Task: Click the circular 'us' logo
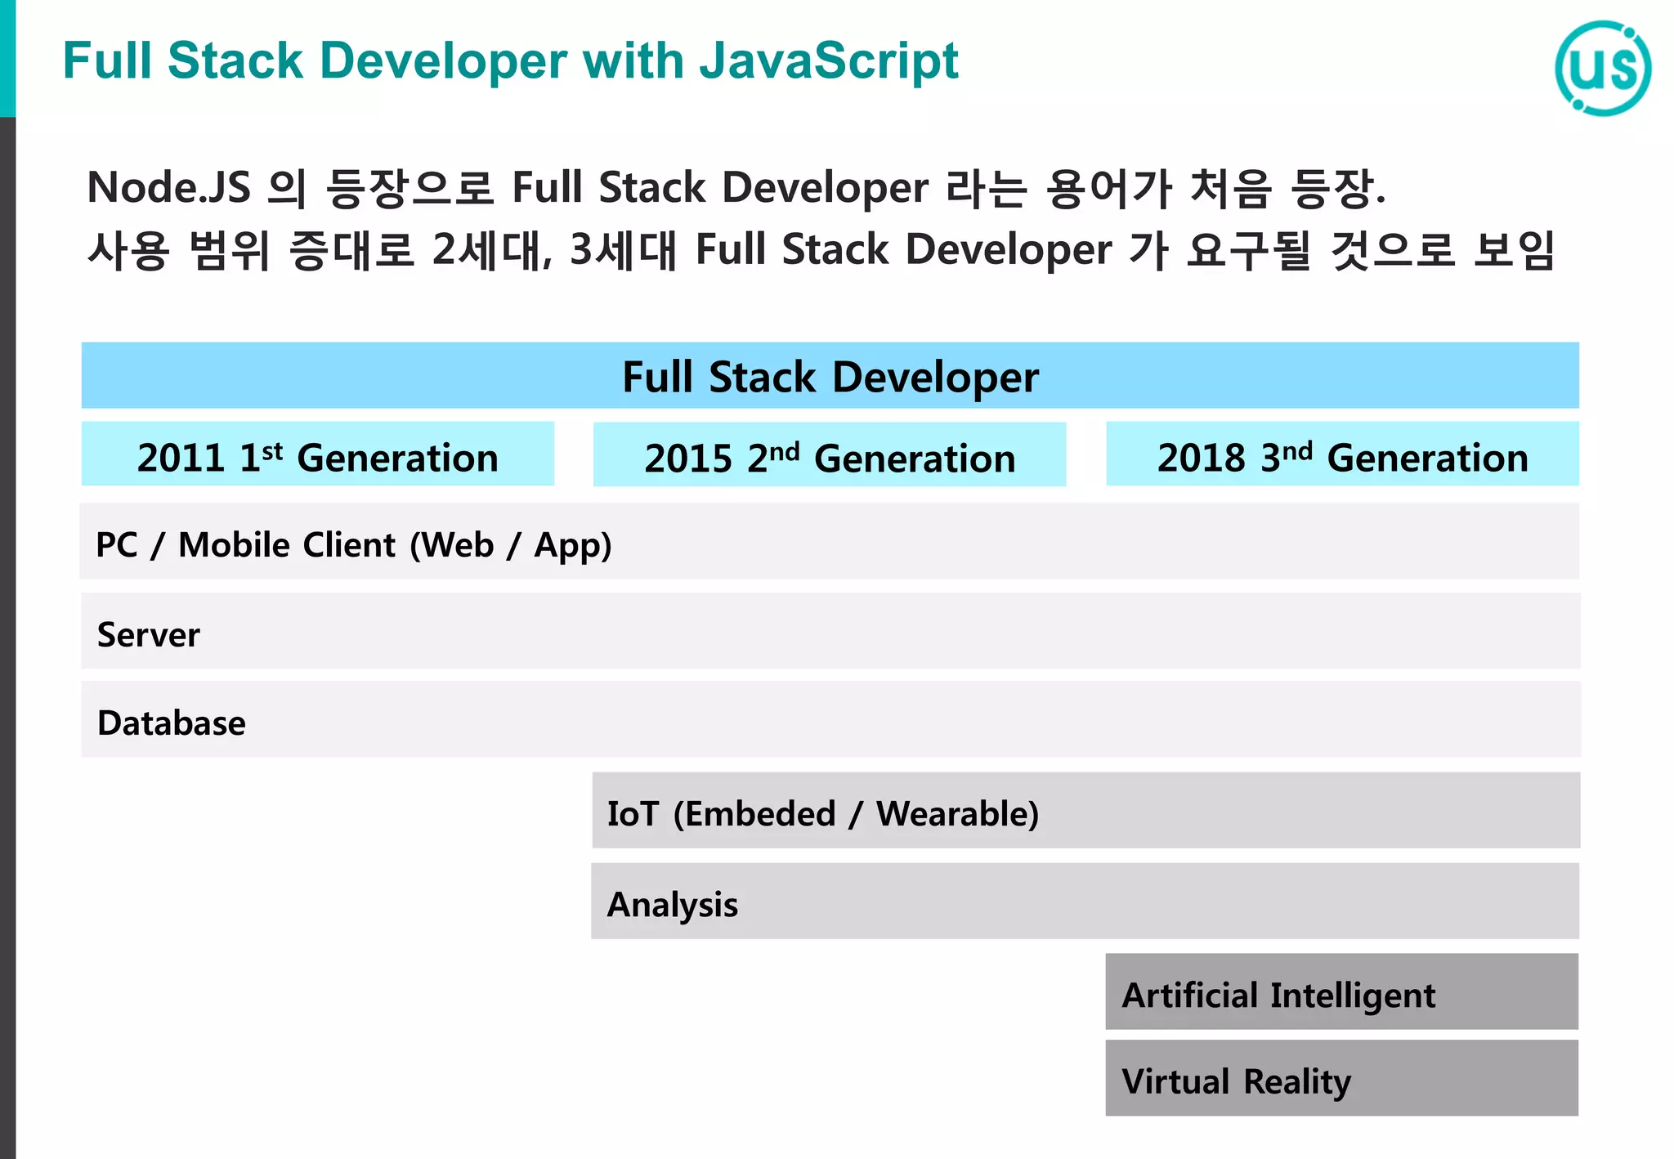tap(1602, 69)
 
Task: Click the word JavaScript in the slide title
tap(829, 61)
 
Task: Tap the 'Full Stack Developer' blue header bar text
tap(830, 377)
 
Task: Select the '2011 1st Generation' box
tap(317, 455)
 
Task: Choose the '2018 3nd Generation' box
tap(1342, 455)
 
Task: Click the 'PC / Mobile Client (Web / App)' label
tap(353, 545)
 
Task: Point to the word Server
tap(148, 635)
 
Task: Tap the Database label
tap(171, 723)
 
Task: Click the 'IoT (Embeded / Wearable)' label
tap(822, 814)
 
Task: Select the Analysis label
tap(672, 905)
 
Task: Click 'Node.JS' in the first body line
tap(168, 188)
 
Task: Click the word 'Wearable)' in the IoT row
tap(957, 814)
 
